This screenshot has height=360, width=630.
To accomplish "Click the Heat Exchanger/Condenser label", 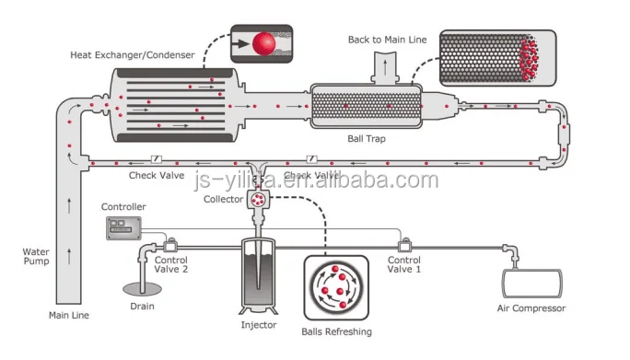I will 133,55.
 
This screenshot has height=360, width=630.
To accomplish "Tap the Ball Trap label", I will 366,139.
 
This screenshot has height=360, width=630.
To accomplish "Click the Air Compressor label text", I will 531,308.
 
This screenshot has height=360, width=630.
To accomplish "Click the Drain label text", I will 141,307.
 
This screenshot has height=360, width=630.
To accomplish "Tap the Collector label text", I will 222,199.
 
